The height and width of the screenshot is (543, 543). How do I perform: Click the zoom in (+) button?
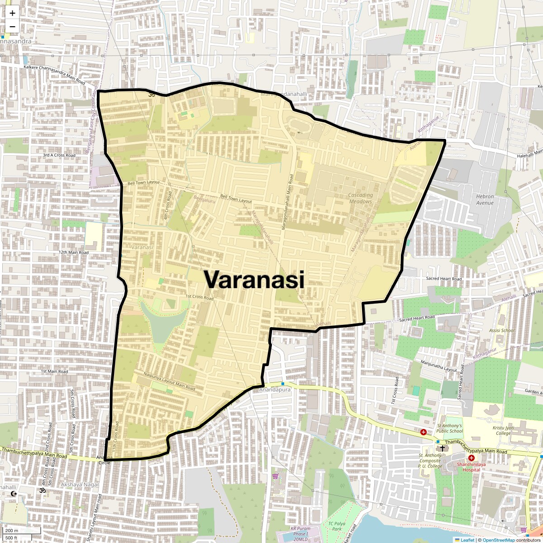pyautogui.click(x=12, y=13)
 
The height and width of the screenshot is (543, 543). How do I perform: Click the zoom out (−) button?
pyautogui.click(x=12, y=26)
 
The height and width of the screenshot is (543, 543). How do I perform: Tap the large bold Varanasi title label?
pyautogui.click(x=253, y=280)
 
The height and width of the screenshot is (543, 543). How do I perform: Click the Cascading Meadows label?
pyautogui.click(x=361, y=198)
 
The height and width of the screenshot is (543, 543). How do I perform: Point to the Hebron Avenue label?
pyautogui.click(x=485, y=200)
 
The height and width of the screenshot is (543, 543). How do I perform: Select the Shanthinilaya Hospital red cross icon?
pyautogui.click(x=471, y=458)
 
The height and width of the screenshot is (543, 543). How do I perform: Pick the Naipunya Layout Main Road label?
pyautogui.click(x=169, y=381)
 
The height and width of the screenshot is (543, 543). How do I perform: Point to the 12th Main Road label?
pyautogui.click(x=74, y=252)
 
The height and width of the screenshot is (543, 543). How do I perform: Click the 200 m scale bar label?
pyautogui.click(x=12, y=530)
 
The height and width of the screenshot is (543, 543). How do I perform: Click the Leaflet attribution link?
pyautogui.click(x=467, y=540)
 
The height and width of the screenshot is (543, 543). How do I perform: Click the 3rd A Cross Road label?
pyautogui.click(x=59, y=155)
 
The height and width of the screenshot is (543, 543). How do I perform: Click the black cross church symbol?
pyautogui.click(x=442, y=448)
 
